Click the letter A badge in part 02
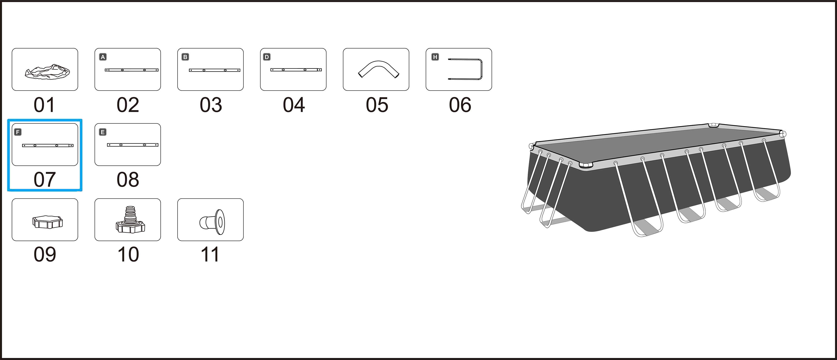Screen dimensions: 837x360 coord(103,57)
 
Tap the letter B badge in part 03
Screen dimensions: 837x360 coord(185,57)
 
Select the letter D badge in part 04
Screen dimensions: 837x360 coord(267,57)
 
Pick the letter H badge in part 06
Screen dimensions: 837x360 coord(435,57)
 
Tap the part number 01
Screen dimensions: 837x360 coord(45,105)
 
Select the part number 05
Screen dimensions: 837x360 coord(377,105)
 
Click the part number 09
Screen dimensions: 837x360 coord(45,254)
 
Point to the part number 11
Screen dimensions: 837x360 coord(210,254)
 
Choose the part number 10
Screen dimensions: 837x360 coord(128,254)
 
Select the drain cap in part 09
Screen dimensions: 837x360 coord(47,222)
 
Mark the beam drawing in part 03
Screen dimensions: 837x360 coord(214,70)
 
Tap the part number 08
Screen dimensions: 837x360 coord(128,180)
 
